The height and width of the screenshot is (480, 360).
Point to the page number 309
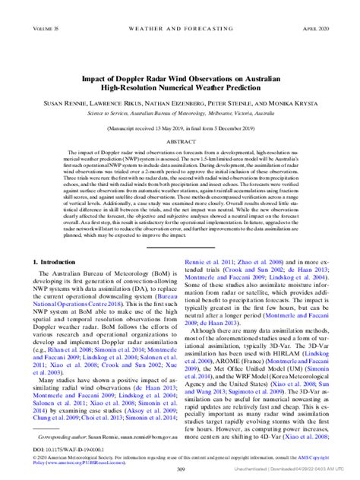180,469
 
